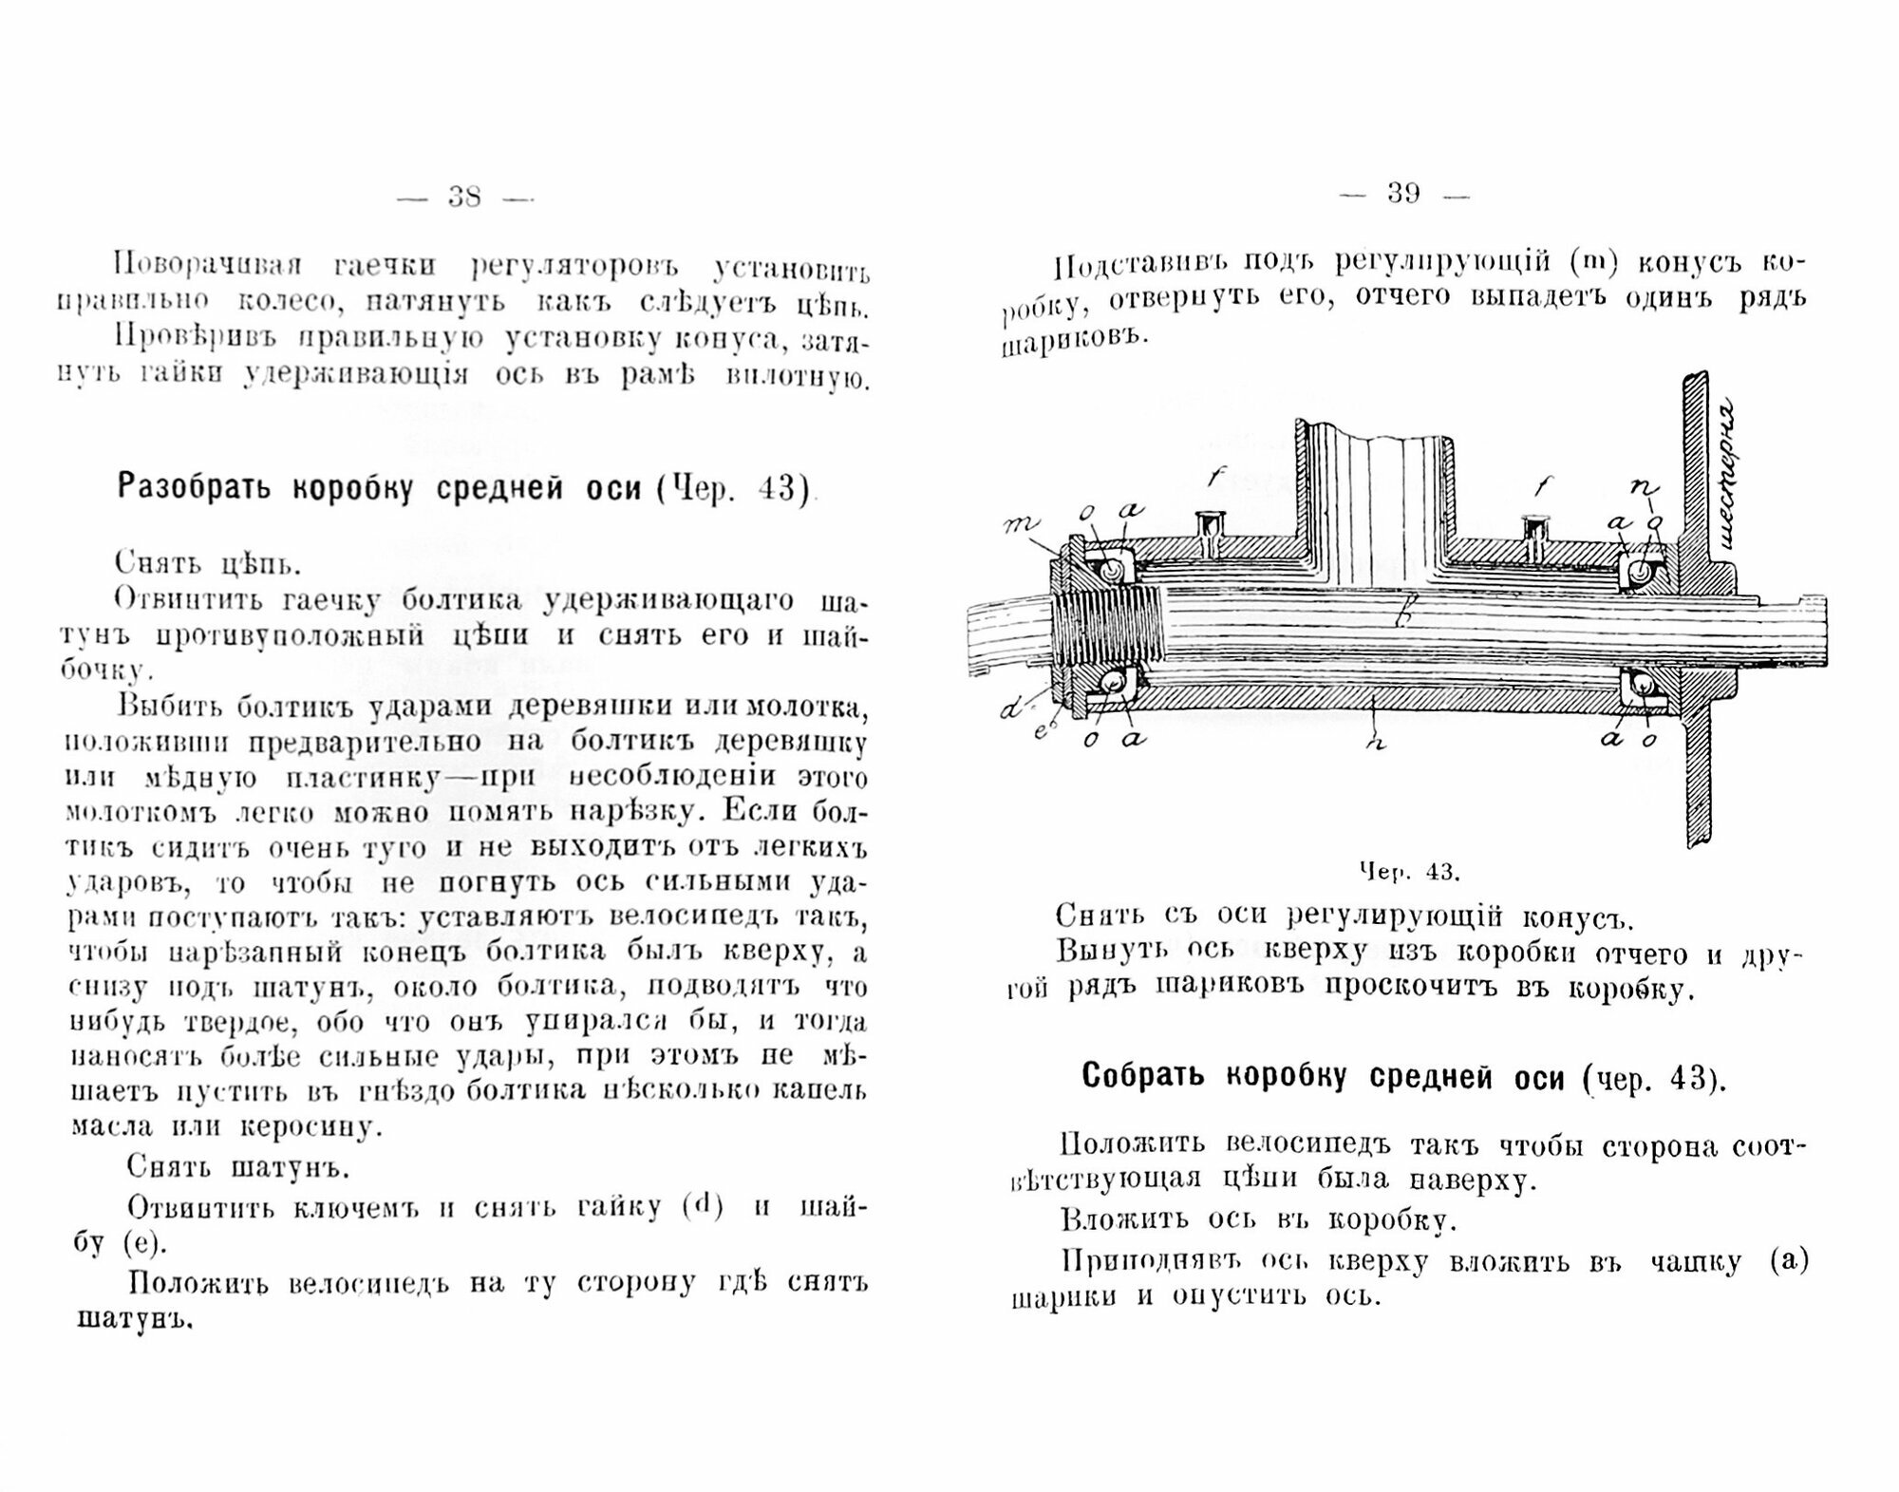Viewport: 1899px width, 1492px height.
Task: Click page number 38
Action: click(x=464, y=197)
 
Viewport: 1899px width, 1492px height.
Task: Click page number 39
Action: click(x=1403, y=194)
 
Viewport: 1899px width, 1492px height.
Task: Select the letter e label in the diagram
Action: click(x=1038, y=729)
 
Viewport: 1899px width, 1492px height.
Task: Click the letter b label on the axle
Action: click(x=1406, y=618)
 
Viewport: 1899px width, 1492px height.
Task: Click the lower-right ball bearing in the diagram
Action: click(x=1642, y=686)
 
